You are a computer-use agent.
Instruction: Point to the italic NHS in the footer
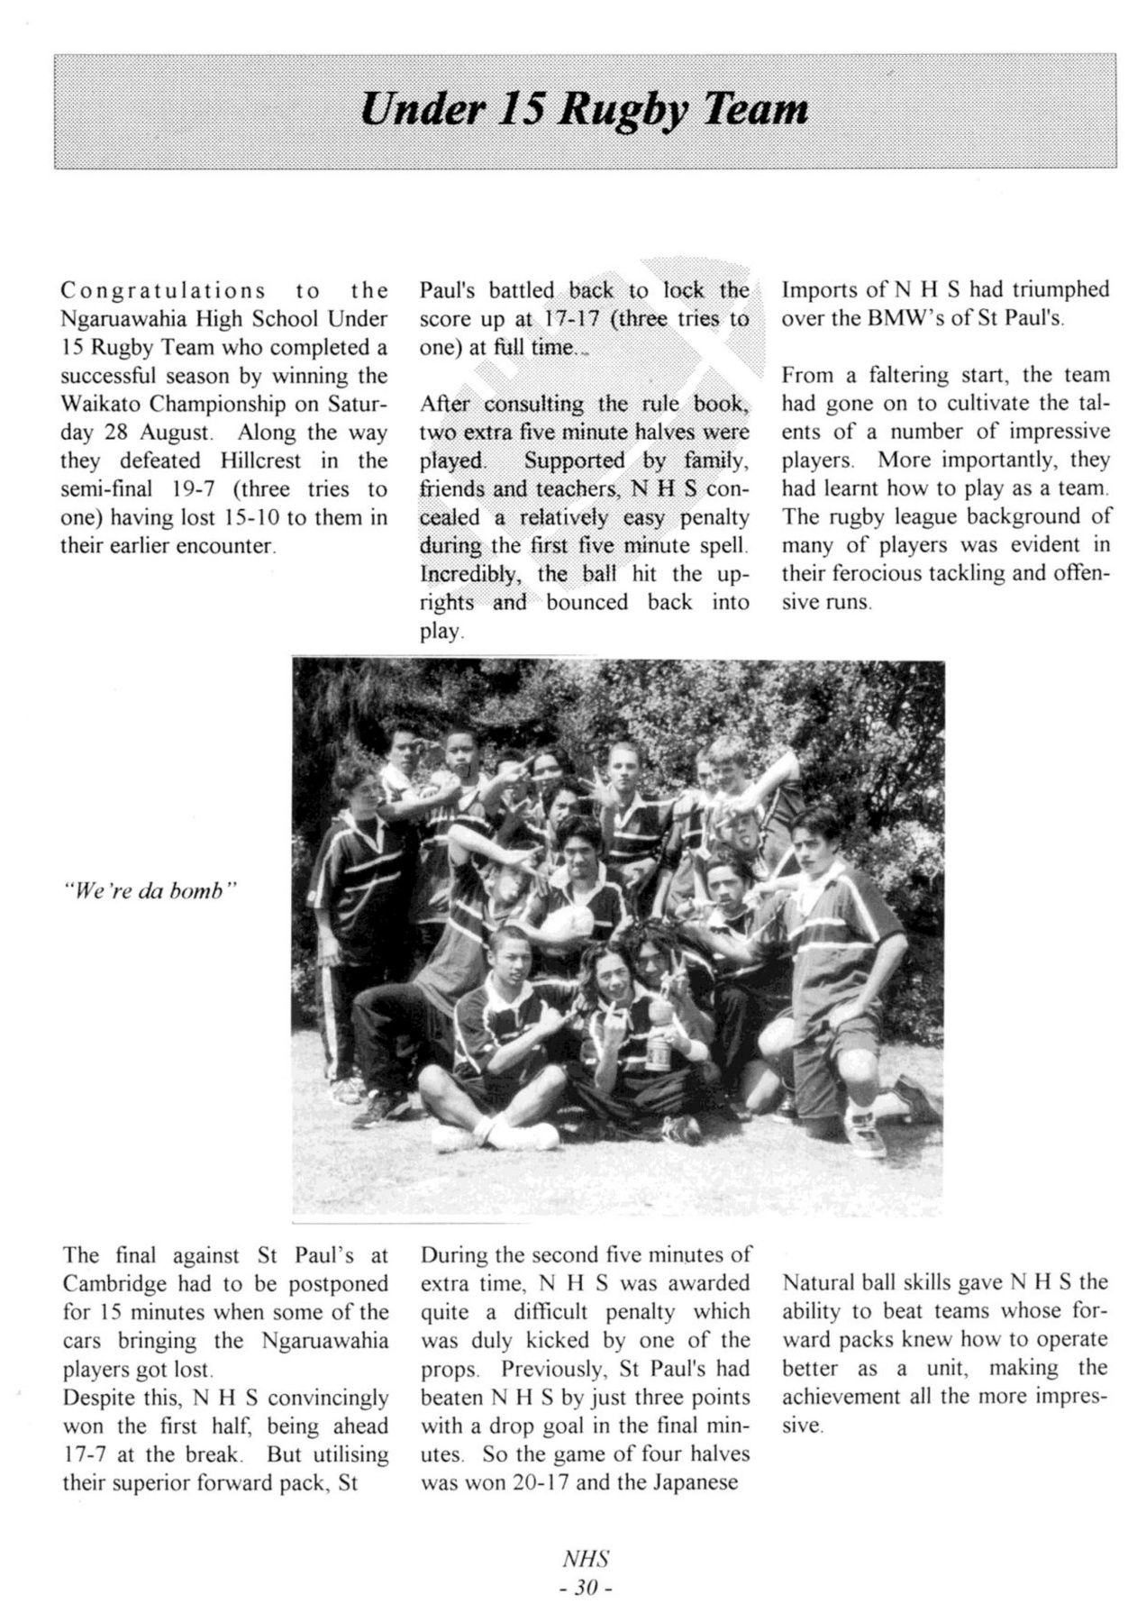click(586, 1560)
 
